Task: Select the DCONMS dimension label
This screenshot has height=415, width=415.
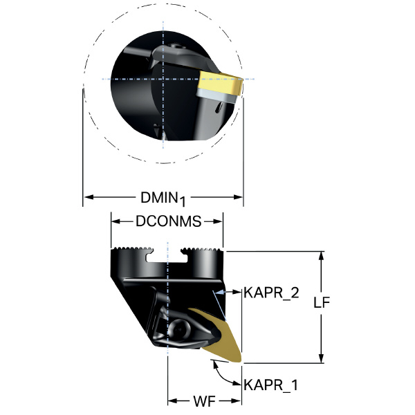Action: [169, 221]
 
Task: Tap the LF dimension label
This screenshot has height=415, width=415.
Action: [322, 302]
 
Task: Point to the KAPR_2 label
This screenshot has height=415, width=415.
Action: [271, 293]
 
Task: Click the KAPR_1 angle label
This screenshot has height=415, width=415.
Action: [270, 385]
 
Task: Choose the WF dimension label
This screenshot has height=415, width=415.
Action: [204, 401]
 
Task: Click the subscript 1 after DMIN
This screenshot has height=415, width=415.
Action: [182, 201]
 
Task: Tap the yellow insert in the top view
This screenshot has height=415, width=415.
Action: [220, 82]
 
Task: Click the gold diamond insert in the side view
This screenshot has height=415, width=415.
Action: [220, 336]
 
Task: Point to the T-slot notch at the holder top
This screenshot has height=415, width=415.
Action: [167, 255]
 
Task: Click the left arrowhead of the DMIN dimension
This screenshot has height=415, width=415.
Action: [89, 197]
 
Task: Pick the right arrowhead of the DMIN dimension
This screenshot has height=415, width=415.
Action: [238, 197]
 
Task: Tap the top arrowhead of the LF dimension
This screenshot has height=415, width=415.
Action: [322, 256]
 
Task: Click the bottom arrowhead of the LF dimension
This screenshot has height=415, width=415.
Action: [322, 358]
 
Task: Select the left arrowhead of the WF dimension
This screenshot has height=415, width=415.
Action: [172, 401]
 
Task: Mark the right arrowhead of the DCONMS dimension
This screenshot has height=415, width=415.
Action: [218, 221]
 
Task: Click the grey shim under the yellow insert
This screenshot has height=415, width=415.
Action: [216, 96]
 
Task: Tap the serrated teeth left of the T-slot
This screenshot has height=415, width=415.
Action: [133, 249]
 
